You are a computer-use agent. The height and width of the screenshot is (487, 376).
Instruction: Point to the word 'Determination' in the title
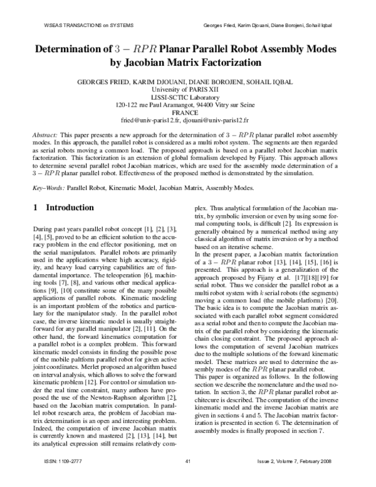coord(75,48)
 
